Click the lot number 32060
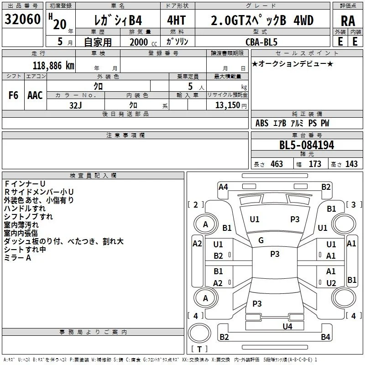[22, 19]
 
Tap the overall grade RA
[348, 21]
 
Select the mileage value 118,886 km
[53, 66]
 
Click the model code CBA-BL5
[261, 42]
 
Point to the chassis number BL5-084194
[307, 145]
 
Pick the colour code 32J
[75, 105]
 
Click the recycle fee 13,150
[227, 105]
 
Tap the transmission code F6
[13, 95]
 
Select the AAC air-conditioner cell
[35, 95]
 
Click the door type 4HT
[177, 20]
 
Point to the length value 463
[277, 164]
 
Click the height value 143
[351, 164]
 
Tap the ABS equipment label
[262, 123]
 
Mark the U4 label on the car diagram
[287, 326]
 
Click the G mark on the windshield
[261, 240]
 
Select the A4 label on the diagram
[223, 187]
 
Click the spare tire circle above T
[199, 333]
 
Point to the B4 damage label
[325, 337]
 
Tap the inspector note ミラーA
[17, 258]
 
